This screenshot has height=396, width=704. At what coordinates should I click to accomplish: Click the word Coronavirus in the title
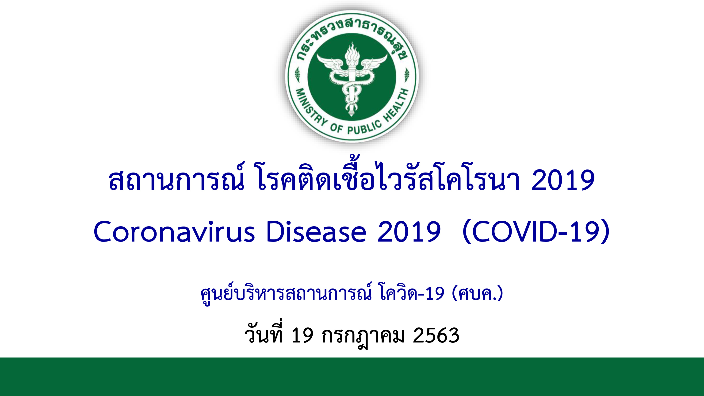click(174, 232)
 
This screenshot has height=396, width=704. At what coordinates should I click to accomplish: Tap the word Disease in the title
click(316, 232)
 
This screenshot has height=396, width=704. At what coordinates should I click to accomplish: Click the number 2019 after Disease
click(409, 232)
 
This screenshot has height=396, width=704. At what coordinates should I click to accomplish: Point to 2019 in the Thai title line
click(563, 180)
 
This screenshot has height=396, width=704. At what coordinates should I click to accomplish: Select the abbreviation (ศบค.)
click(478, 293)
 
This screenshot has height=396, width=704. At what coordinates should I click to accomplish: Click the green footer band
click(352, 377)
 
